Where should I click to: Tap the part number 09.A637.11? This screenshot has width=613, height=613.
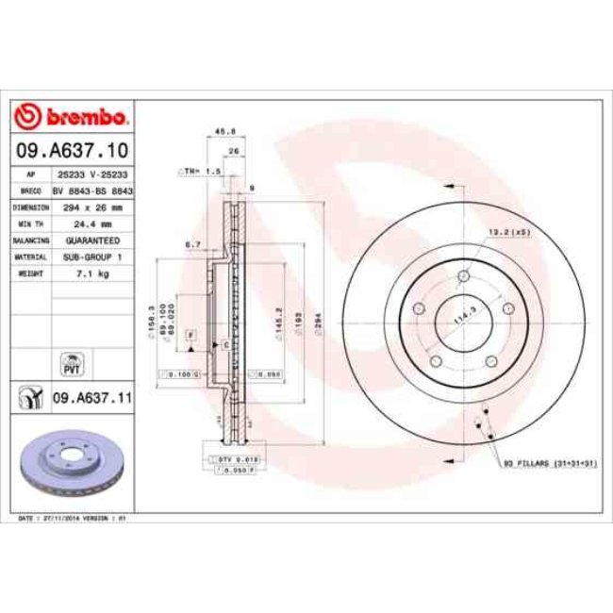(91, 399)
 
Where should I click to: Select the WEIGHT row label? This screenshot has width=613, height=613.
(31, 273)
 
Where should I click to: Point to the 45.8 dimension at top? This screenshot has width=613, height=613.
(225, 132)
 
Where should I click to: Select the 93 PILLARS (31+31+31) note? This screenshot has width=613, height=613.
(552, 466)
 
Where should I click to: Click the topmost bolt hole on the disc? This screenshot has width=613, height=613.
(463, 276)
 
